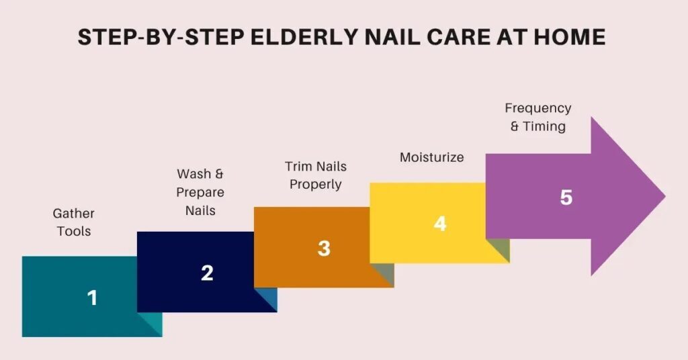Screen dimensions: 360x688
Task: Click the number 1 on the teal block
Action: [x=93, y=298]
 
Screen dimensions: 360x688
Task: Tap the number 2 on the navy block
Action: [x=207, y=273]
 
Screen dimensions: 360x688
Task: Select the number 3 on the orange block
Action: [x=324, y=249]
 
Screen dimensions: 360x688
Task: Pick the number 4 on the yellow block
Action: [x=440, y=224]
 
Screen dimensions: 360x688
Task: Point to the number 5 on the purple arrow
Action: [x=566, y=198]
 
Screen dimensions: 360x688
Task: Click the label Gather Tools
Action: [x=74, y=222]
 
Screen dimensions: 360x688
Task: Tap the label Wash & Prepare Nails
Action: [x=200, y=192]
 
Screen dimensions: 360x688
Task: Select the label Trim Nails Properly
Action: [x=316, y=175]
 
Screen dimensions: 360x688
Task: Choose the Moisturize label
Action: [x=431, y=157]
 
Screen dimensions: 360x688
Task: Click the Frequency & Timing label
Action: [x=537, y=117]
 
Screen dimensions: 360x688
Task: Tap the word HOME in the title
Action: [x=570, y=37]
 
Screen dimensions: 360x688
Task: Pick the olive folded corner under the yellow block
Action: [x=501, y=253]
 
